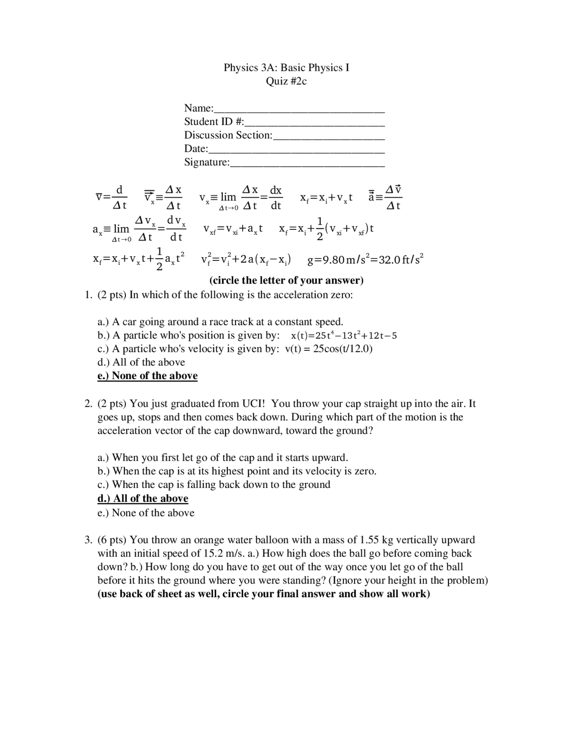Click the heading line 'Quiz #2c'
click(286, 81)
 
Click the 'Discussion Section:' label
click(228, 135)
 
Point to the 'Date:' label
click(196, 148)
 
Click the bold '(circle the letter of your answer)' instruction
click(286, 280)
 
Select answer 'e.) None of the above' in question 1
click(147, 375)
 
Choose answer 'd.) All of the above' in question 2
click(143, 498)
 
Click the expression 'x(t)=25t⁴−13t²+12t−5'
click(343, 336)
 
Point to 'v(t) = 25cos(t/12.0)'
click(329, 349)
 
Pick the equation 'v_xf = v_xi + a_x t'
click(233, 229)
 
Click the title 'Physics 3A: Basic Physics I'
click(286, 68)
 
